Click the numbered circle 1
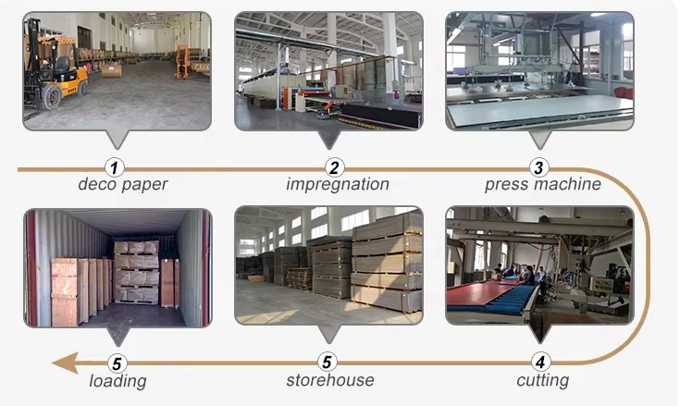[114, 167]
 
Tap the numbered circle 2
[336, 167]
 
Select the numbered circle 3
[540, 167]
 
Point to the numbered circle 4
[542, 363]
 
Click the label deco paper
[123, 184]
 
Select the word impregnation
[337, 184]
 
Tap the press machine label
[542, 184]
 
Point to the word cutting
[542, 380]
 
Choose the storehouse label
[330, 380]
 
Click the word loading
[117, 380]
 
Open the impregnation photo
[328, 70]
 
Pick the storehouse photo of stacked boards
[328, 266]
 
